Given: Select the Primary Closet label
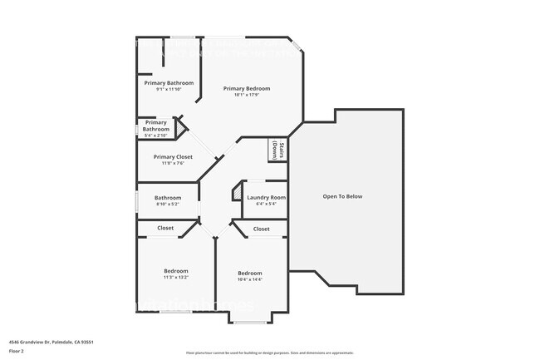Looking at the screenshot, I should (173, 157).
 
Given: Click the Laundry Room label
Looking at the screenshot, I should (266, 197).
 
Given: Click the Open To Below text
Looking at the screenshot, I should (342, 196).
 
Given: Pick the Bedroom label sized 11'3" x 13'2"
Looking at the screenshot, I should (175, 271).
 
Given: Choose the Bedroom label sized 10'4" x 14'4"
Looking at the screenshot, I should (250, 274).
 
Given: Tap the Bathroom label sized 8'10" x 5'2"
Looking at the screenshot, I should (168, 197).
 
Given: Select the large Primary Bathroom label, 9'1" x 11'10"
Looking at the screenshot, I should (169, 83).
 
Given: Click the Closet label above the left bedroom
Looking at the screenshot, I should (165, 228).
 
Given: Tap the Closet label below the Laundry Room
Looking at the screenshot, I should (261, 229).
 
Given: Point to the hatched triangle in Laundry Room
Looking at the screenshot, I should (237, 192).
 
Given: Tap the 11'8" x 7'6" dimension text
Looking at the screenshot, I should (173, 164).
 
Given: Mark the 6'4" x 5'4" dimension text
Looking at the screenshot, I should (266, 204).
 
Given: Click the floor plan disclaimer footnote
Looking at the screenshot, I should (270, 353).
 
